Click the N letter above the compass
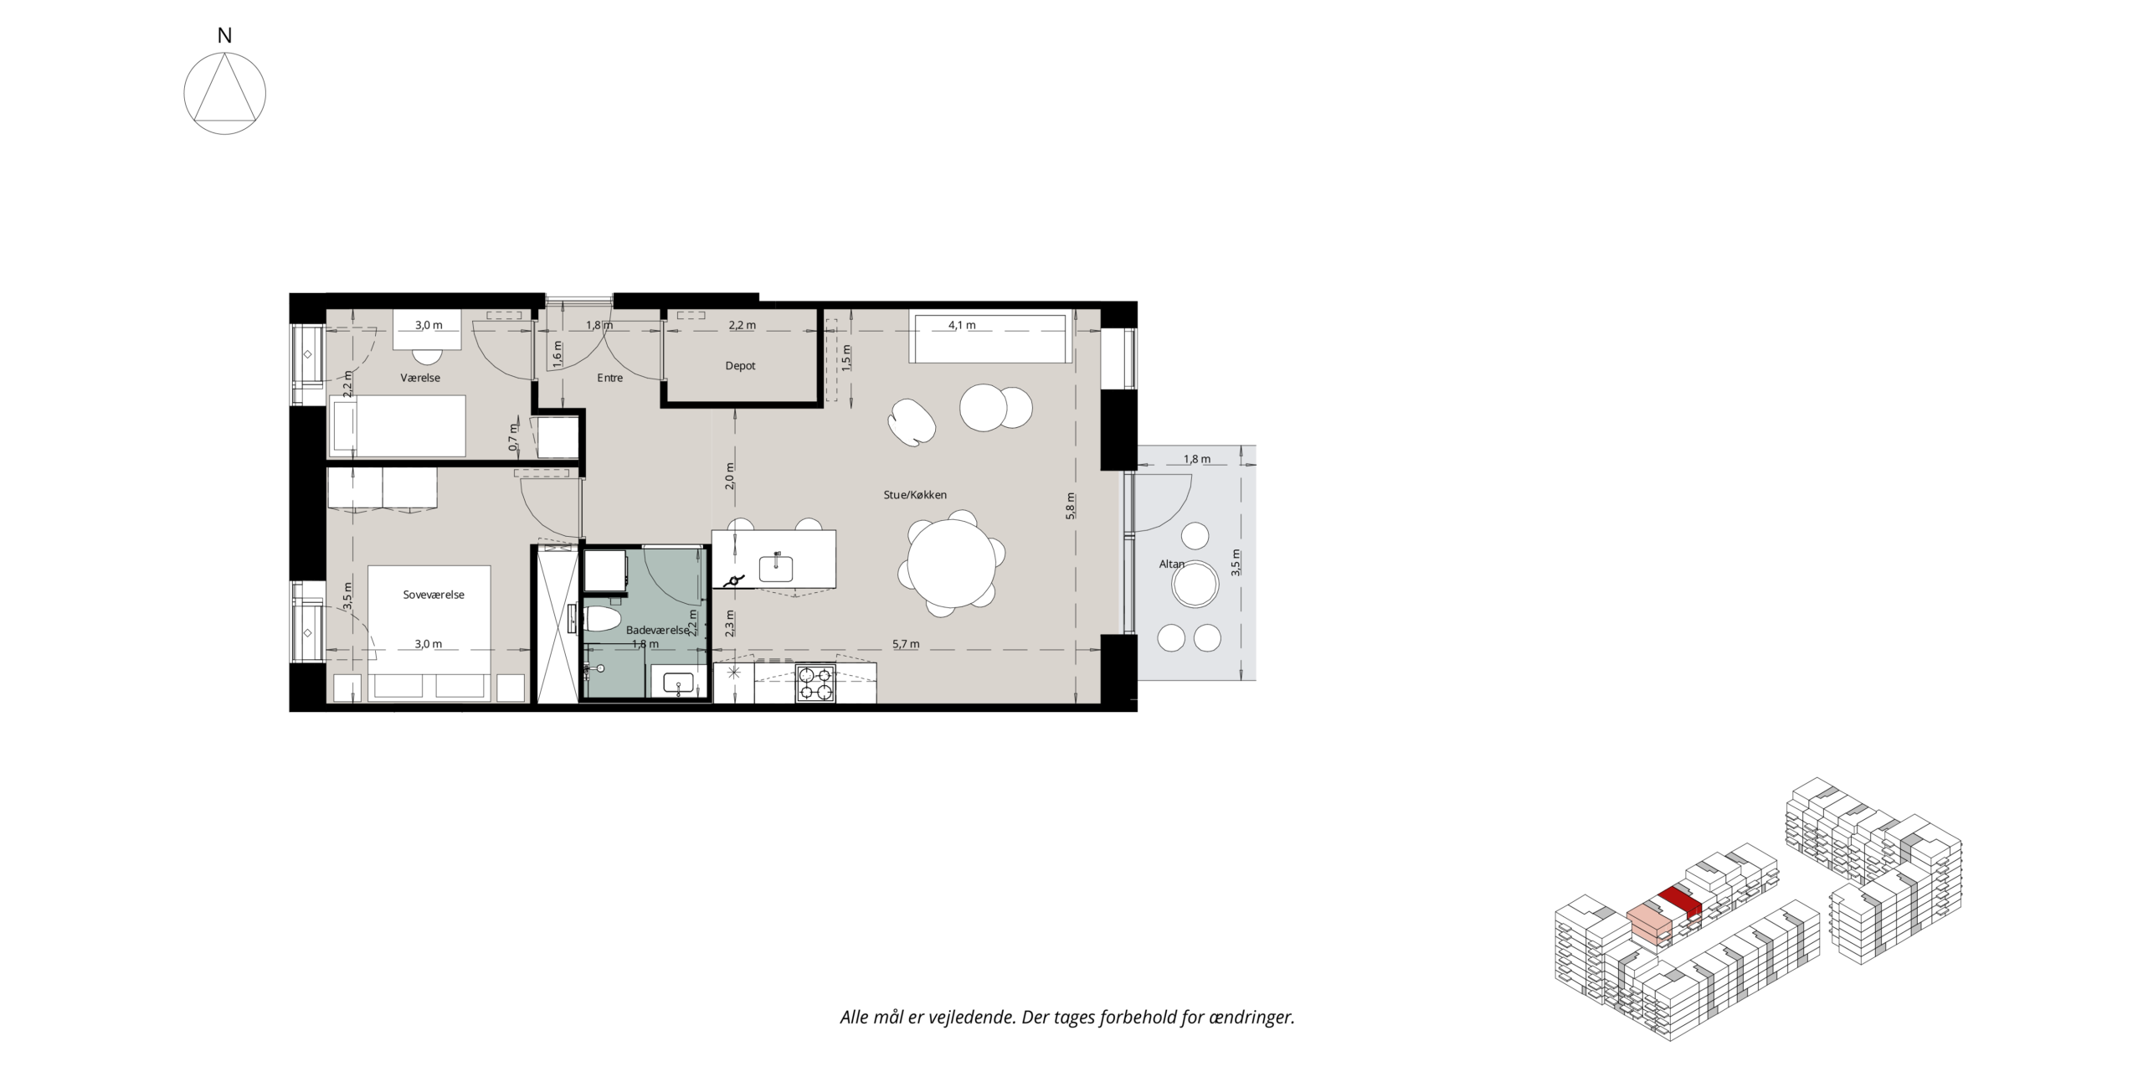pyautogui.click(x=224, y=35)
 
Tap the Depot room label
pyautogui.click(x=740, y=366)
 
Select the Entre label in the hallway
pyautogui.click(x=609, y=378)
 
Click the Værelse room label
pyautogui.click(x=420, y=378)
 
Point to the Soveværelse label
pyautogui.click(x=434, y=595)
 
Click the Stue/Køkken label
pyautogui.click(x=915, y=495)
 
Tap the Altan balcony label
pyautogui.click(x=1171, y=564)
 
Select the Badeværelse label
pyautogui.click(x=657, y=630)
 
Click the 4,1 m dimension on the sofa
pyautogui.click(x=962, y=325)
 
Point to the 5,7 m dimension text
pyautogui.click(x=906, y=644)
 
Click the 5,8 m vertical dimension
pyautogui.click(x=1070, y=506)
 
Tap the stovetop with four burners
pyautogui.click(x=815, y=683)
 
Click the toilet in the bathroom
pyautogui.click(x=602, y=620)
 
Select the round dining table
pyautogui.click(x=952, y=563)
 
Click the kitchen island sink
pyautogui.click(x=776, y=569)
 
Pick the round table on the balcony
pyautogui.click(x=1195, y=584)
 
